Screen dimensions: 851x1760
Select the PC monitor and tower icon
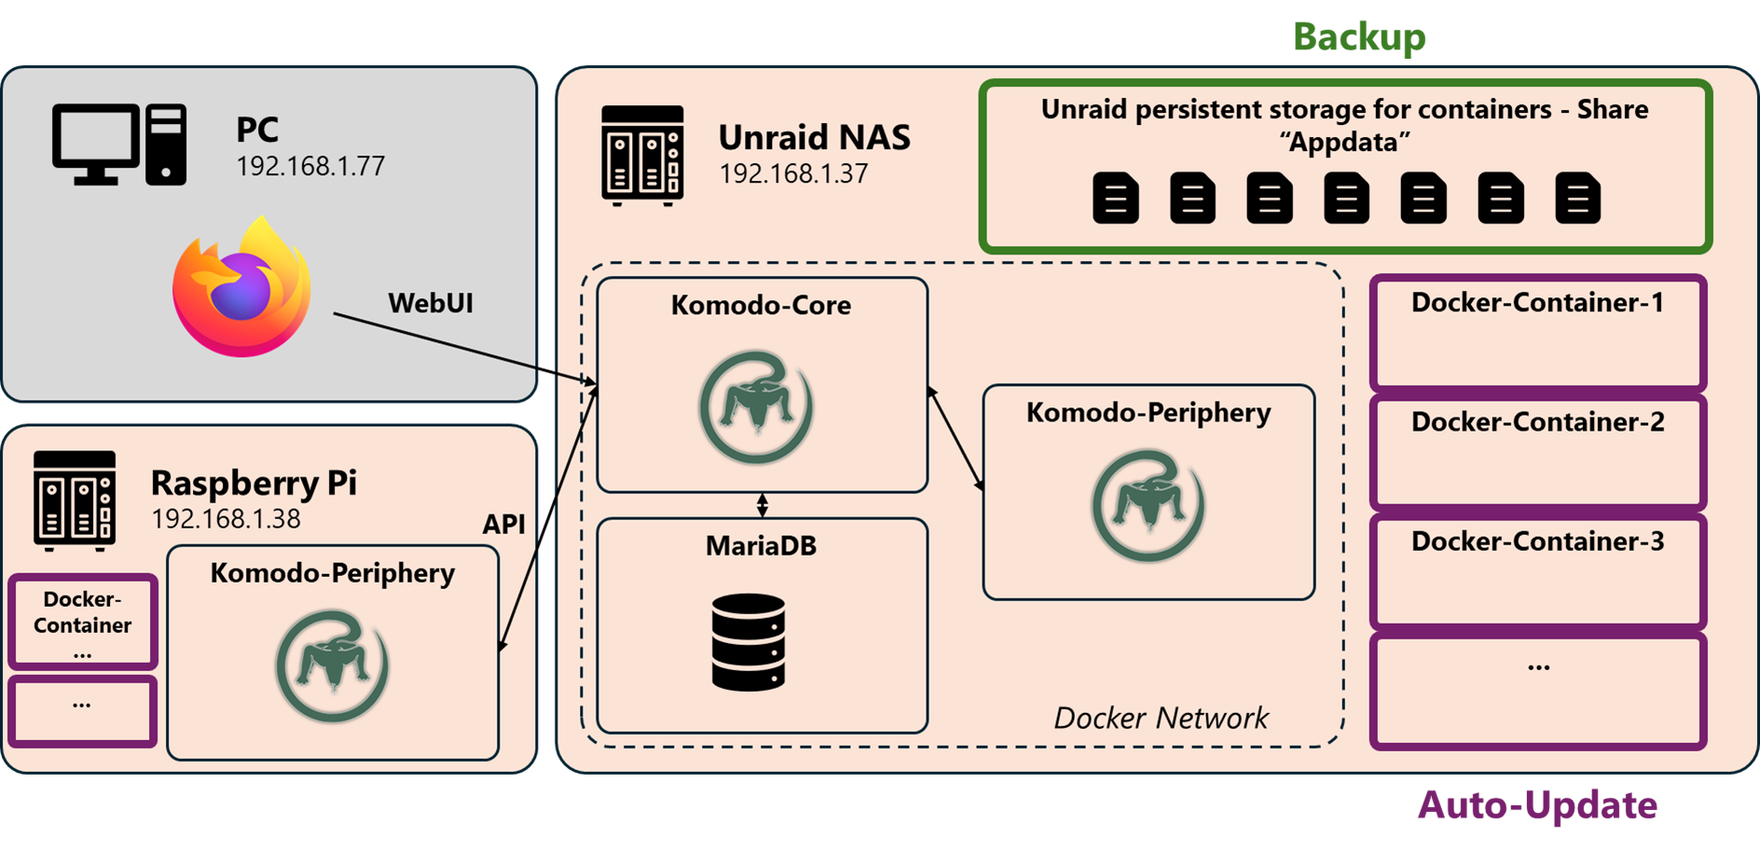[x=119, y=144]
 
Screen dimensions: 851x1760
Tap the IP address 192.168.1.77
[x=310, y=166]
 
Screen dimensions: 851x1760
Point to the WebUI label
[x=431, y=303]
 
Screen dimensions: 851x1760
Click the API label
[x=503, y=524]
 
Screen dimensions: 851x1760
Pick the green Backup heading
[x=1359, y=37]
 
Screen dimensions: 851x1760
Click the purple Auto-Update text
[x=1537, y=805]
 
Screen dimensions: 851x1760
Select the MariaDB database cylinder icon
[x=748, y=641]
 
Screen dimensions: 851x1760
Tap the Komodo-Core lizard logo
[x=756, y=407]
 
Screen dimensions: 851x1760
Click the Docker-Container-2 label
[x=1537, y=421]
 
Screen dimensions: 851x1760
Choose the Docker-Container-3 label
[x=1537, y=541]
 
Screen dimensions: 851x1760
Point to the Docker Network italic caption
[x=1161, y=718]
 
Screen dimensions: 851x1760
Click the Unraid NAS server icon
[x=642, y=155]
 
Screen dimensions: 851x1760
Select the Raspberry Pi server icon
[x=75, y=501]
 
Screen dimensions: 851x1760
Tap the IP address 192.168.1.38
[x=226, y=519]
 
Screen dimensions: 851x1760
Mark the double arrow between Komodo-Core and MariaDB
[x=763, y=505]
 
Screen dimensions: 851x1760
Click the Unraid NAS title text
[x=814, y=137]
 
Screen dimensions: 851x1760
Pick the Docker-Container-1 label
[x=1537, y=302]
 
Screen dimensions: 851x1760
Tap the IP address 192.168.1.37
[x=793, y=173]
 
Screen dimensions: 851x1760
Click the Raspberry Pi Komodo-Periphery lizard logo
[x=332, y=666]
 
